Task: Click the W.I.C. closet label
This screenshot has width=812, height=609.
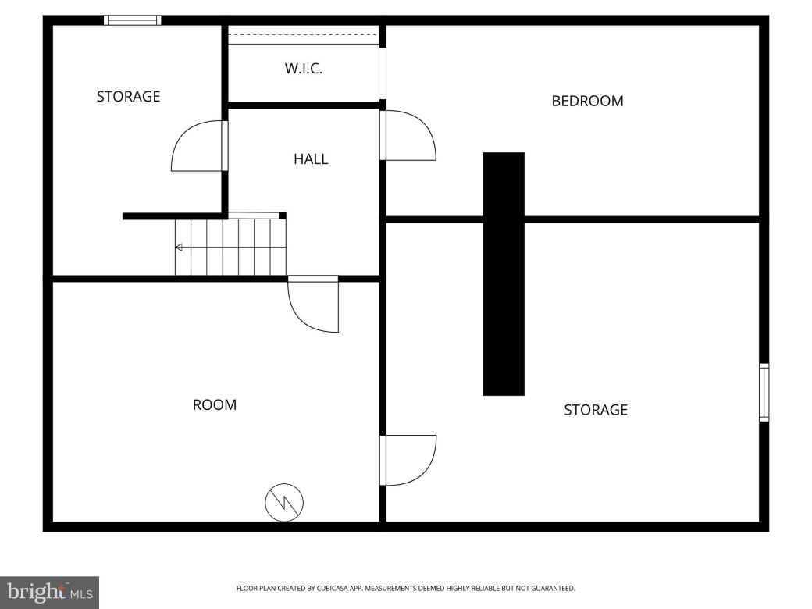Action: click(304, 69)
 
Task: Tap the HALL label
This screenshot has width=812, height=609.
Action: click(311, 159)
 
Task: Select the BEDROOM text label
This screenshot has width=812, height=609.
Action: click(587, 101)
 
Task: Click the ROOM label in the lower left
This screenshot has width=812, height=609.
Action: click(215, 405)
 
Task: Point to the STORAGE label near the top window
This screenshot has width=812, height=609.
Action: click(128, 97)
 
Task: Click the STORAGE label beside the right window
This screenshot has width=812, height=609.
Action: click(596, 410)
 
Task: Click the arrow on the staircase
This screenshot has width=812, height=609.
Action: click(179, 248)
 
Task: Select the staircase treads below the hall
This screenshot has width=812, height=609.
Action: click(230, 248)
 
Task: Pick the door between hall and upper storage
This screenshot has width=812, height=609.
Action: click(198, 146)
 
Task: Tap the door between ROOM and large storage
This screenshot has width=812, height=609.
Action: click(408, 461)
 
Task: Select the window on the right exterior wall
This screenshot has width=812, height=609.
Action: click(764, 393)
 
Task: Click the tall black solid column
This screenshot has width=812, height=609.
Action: click(504, 273)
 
